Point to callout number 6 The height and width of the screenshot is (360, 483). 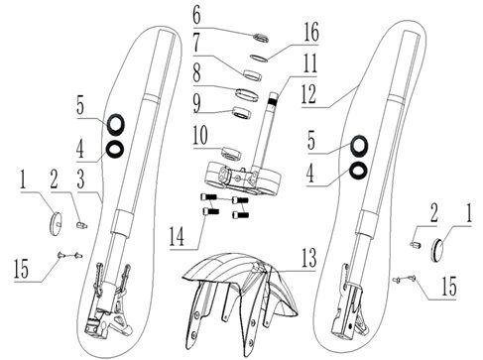(x=196, y=16)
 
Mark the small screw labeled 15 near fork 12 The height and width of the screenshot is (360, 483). (x=398, y=279)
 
